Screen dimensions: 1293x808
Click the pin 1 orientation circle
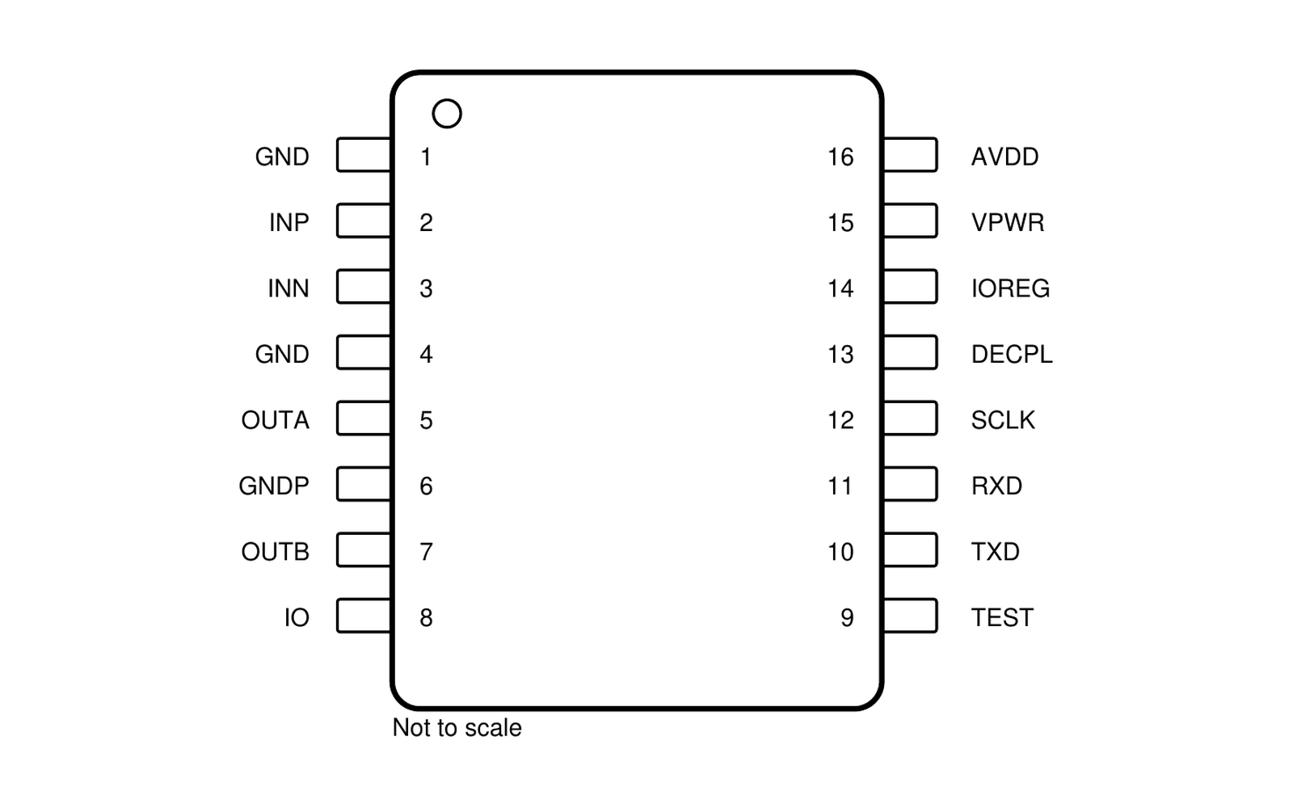(447, 101)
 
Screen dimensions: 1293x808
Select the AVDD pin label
(1005, 157)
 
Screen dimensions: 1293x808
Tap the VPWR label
(1008, 223)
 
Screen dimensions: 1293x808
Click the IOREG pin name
(1011, 288)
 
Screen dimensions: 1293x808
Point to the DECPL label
(1012, 355)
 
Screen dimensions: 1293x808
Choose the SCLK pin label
(1003, 420)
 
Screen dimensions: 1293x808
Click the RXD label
(997, 486)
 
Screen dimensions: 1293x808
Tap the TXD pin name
(995, 552)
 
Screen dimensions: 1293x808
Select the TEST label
(1002, 617)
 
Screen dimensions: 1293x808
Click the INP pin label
(289, 223)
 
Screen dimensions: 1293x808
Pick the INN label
(289, 288)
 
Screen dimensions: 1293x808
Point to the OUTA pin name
(276, 420)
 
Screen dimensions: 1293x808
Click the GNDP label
(274, 486)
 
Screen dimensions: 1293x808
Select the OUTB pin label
(276, 552)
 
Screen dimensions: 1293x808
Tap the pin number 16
(840, 157)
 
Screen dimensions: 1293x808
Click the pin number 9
(847, 617)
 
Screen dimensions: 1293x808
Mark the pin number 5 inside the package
(426, 420)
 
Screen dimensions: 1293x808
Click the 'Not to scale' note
(457, 728)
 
